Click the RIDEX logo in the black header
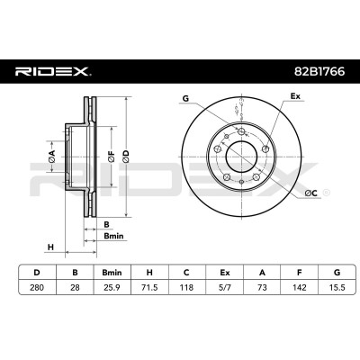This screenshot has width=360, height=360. [x=53, y=72]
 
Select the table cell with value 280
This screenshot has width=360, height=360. [x=37, y=287]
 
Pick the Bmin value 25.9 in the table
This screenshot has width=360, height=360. [x=112, y=287]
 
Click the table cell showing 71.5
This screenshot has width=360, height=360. [x=149, y=287]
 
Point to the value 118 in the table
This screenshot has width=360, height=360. [x=186, y=287]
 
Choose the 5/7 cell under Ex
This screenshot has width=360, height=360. [x=224, y=287]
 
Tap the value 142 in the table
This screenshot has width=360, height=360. [x=300, y=287]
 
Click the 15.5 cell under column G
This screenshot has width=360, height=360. [x=337, y=287]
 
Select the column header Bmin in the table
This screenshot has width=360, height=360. [x=112, y=273]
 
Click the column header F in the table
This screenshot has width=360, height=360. [x=300, y=273]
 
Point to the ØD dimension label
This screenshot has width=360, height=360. [x=126, y=157]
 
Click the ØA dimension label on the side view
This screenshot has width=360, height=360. [x=52, y=157]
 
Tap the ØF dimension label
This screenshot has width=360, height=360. [x=112, y=157]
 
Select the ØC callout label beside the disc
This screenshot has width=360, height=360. [x=311, y=193]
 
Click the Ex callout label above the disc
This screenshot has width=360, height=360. [x=295, y=96]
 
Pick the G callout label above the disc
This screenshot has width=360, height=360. [x=186, y=98]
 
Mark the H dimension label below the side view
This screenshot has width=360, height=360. [x=50, y=247]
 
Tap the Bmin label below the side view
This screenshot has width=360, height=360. [x=113, y=236]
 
